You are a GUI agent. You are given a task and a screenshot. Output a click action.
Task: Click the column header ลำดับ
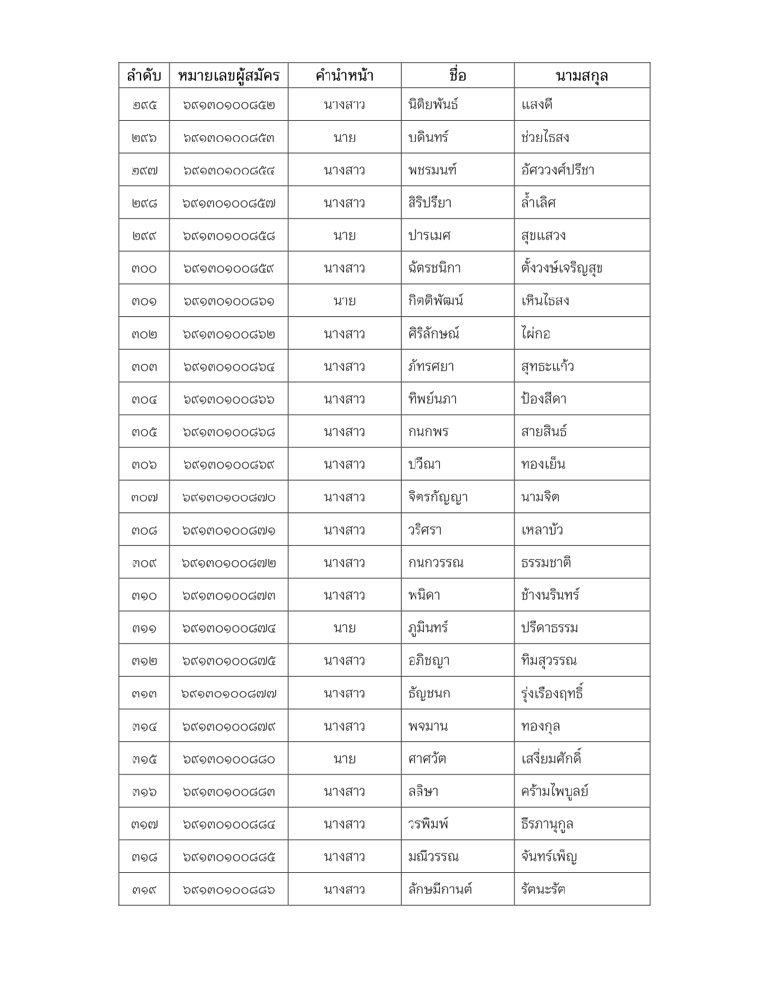[144, 75]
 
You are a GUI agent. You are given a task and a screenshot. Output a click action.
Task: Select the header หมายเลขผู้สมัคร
[229, 75]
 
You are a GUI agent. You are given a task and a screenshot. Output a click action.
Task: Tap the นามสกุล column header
[581, 75]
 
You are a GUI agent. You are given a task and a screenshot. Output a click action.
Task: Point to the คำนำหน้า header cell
[344, 75]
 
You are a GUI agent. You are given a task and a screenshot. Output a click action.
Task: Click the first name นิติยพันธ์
[433, 104]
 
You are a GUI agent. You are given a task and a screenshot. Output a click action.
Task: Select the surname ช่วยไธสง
[545, 138]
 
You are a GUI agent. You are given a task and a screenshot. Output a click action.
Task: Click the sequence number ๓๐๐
[144, 269]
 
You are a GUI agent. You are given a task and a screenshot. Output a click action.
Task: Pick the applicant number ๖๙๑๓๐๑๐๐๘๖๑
[229, 301]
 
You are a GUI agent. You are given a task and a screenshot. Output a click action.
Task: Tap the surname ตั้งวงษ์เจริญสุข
[562, 268]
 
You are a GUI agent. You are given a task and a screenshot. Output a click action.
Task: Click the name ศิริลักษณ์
[434, 334]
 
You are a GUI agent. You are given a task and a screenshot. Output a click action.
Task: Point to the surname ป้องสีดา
[544, 399]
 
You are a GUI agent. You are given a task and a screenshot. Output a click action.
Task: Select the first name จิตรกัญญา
[438, 497]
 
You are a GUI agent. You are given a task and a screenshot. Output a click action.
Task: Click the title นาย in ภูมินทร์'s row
[344, 628]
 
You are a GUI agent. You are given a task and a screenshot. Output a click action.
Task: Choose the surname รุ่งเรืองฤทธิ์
[552, 693]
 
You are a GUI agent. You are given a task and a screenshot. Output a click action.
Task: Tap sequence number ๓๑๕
[144, 759]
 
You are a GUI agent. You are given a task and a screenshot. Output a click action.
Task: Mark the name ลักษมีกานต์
[440, 889]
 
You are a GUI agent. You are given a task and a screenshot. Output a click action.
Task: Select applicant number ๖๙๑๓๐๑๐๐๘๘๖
[229, 890]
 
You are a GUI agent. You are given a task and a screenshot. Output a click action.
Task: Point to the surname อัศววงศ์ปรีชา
[558, 170]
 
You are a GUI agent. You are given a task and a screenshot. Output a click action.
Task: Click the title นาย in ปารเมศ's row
[344, 235]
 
